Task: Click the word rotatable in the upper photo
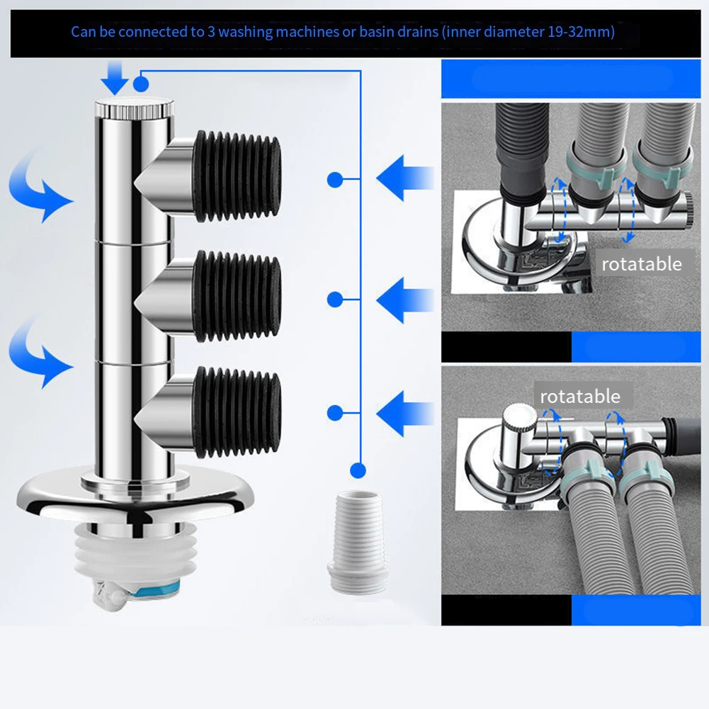[641, 264]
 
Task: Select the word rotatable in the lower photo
[579, 396]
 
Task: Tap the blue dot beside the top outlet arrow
[334, 180]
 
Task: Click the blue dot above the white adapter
[358, 469]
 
